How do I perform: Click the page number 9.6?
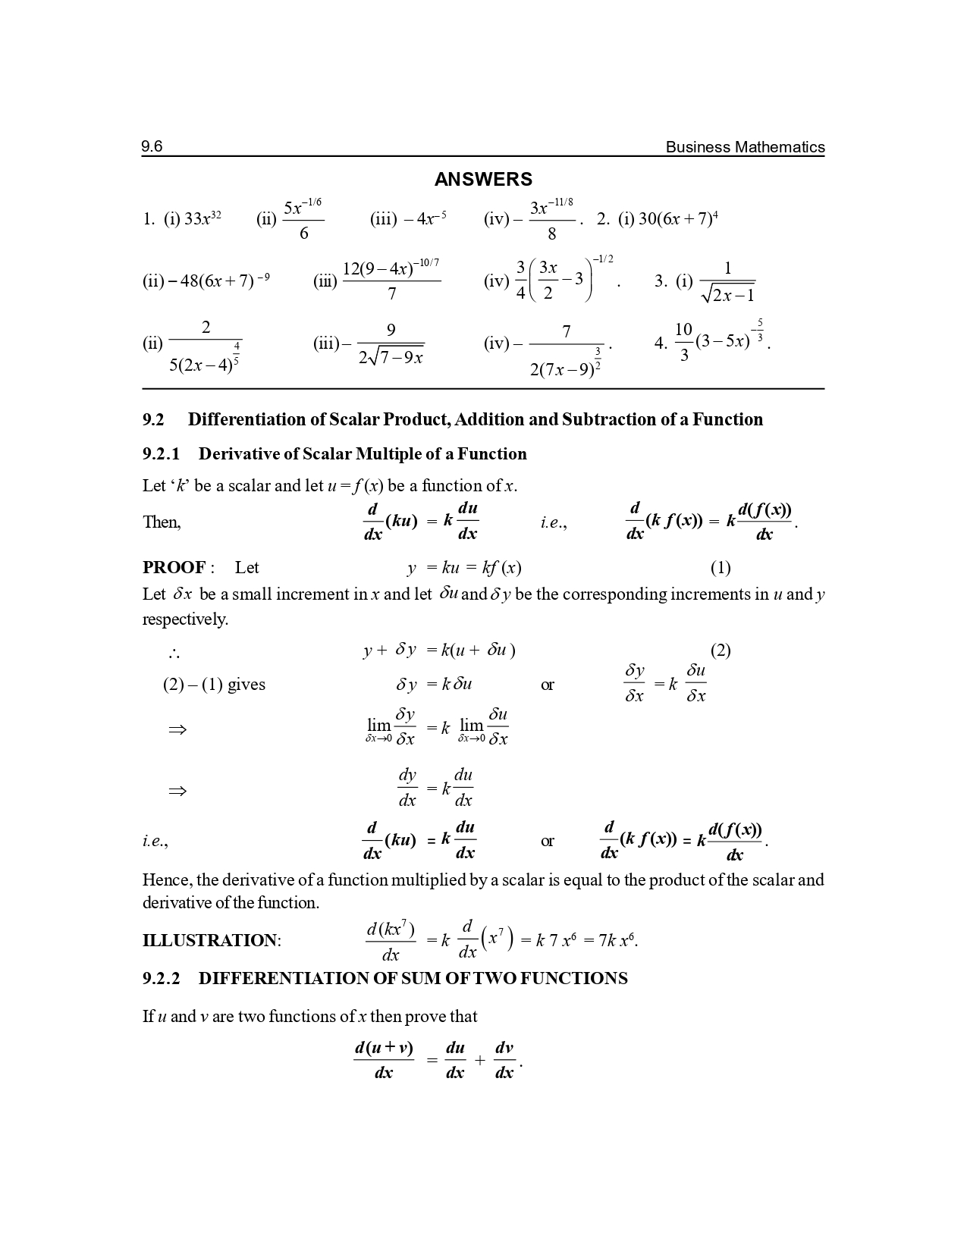pos(152,146)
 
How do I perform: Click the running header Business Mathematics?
pos(745,147)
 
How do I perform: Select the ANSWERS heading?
pos(483,180)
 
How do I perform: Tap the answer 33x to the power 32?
pos(203,219)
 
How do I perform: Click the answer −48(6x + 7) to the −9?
pos(206,281)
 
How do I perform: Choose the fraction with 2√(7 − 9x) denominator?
pos(391,343)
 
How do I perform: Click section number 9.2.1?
pos(161,454)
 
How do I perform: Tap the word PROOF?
pos(174,568)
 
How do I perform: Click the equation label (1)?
pos(720,568)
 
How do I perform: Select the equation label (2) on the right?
pos(720,650)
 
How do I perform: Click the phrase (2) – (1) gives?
pos(214,685)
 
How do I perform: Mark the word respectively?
pos(185,619)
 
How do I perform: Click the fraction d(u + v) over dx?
pos(384,1059)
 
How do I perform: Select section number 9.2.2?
pos(161,979)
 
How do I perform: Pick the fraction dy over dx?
pos(407,788)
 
